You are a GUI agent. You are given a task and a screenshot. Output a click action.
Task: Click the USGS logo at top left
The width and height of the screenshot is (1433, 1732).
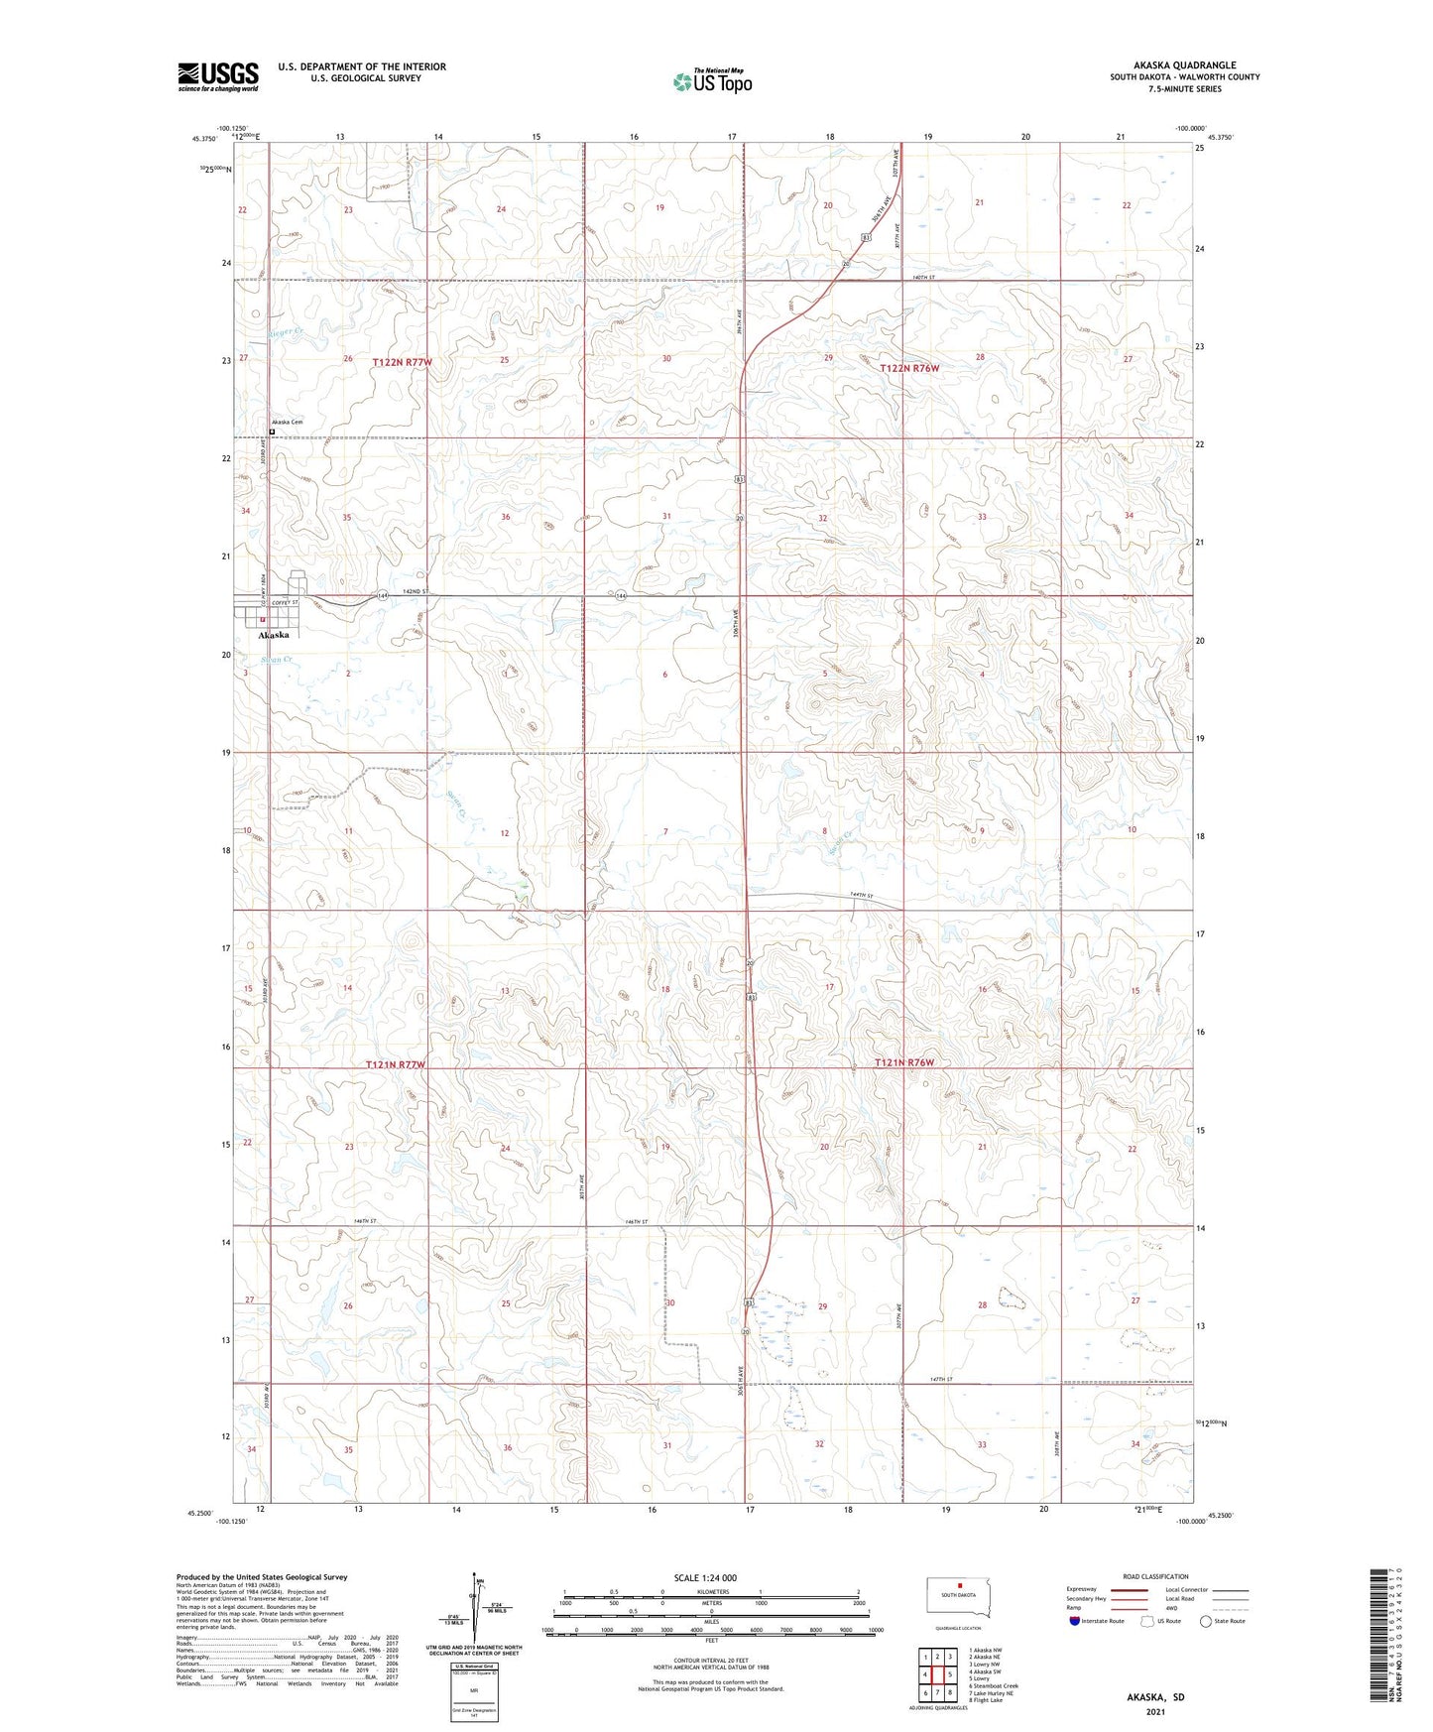[218, 76]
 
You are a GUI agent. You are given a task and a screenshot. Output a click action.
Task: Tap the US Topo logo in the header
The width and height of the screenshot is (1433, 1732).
[712, 81]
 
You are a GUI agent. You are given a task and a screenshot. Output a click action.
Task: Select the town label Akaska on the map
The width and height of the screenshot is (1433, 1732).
[274, 635]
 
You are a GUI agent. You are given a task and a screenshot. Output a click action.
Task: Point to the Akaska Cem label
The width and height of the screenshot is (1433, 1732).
[288, 423]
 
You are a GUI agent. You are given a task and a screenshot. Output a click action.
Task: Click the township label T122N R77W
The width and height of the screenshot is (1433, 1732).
[403, 363]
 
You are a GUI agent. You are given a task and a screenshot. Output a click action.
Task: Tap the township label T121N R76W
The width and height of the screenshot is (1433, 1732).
[904, 1062]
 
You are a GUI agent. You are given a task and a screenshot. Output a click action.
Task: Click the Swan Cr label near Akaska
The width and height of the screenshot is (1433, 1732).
[275, 659]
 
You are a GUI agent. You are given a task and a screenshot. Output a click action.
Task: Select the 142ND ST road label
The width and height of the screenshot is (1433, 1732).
[415, 591]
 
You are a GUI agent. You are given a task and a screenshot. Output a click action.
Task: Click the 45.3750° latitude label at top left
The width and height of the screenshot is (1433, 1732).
[203, 139]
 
